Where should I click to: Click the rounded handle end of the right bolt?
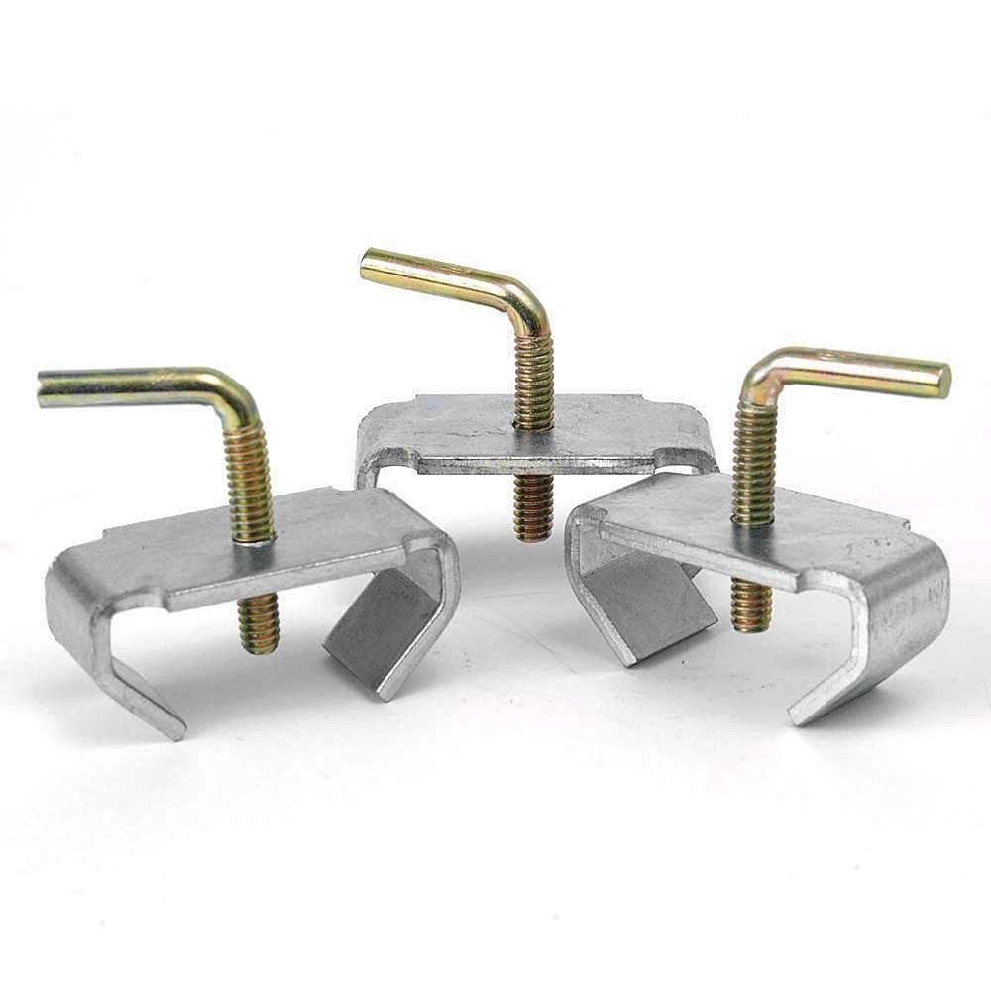point(942,380)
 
